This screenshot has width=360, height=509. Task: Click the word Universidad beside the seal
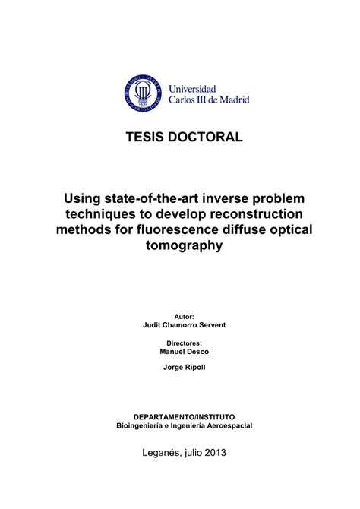[192, 88]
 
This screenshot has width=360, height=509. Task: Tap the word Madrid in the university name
[232, 100]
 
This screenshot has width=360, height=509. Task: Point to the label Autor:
[185, 315]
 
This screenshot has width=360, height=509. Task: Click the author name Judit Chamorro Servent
[185, 324]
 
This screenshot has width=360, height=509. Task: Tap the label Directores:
[185, 343]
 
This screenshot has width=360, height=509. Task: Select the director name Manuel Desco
[185, 352]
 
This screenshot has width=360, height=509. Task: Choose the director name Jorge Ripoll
[185, 368]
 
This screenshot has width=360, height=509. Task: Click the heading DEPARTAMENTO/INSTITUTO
[185, 417]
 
